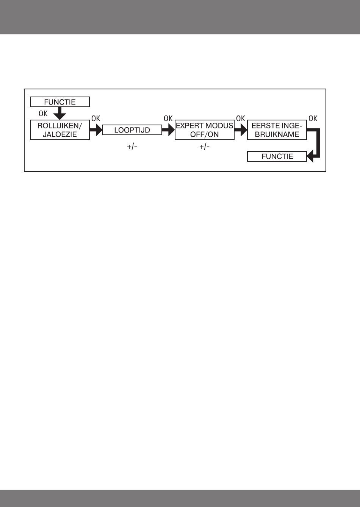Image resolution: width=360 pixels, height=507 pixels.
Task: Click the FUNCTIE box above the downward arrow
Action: pos(60,102)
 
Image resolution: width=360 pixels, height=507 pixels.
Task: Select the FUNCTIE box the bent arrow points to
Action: pos(277,156)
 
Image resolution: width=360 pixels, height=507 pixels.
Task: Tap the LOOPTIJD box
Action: pos(132,130)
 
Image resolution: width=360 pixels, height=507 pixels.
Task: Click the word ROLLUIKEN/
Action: pos(60,126)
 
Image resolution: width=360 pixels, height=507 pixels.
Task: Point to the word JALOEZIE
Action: pos(60,134)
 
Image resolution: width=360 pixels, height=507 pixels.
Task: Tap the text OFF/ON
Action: pos(204,134)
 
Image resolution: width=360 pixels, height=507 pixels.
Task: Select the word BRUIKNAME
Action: pos(277,134)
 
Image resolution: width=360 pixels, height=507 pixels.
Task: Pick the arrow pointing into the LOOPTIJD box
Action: pos(96,130)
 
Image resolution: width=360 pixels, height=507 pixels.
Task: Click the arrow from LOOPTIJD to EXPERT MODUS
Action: pos(168,130)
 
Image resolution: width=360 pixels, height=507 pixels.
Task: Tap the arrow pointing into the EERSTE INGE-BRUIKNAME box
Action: pos(240,130)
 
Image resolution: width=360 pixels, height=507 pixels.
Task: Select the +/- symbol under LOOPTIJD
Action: pos(132,147)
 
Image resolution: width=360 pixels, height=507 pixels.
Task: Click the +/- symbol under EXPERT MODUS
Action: pos(204,147)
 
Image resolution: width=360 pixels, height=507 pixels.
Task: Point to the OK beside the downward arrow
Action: pos(43,113)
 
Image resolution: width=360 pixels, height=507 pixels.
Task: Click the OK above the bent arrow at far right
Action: pos(313,119)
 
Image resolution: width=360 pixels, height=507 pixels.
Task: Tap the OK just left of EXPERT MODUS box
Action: pos(168,119)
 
